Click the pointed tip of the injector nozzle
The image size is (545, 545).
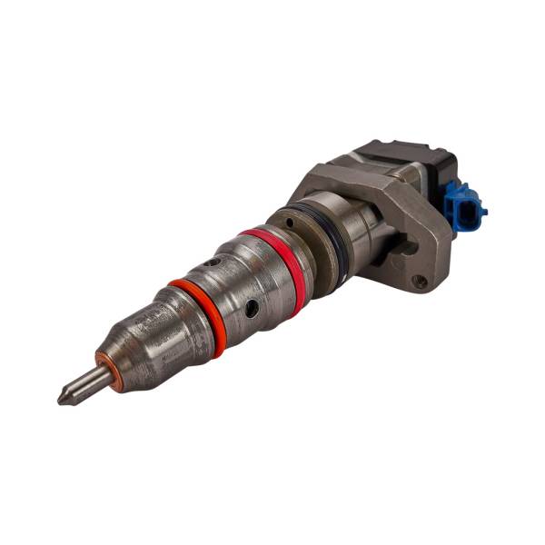62,398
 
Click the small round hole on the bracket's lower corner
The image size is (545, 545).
420,282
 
